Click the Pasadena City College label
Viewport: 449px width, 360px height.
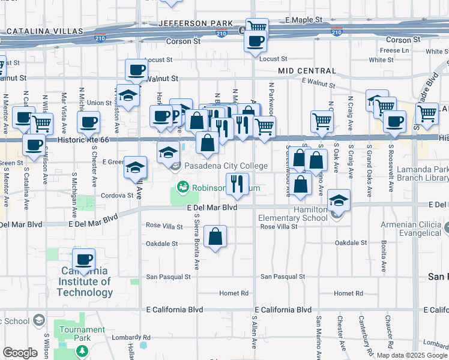[225, 166]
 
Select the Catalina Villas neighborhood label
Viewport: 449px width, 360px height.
[45, 31]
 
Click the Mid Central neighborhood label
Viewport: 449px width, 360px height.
[306, 71]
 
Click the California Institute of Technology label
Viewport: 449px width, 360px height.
[85, 283]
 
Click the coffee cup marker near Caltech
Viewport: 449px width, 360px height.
[84, 260]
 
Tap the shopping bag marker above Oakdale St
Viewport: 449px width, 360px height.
[215, 236]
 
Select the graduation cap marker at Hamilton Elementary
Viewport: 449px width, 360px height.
[339, 202]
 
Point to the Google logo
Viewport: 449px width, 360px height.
[20, 353]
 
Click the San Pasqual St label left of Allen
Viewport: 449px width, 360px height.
[169, 277]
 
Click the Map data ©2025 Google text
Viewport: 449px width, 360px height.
[412, 355]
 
